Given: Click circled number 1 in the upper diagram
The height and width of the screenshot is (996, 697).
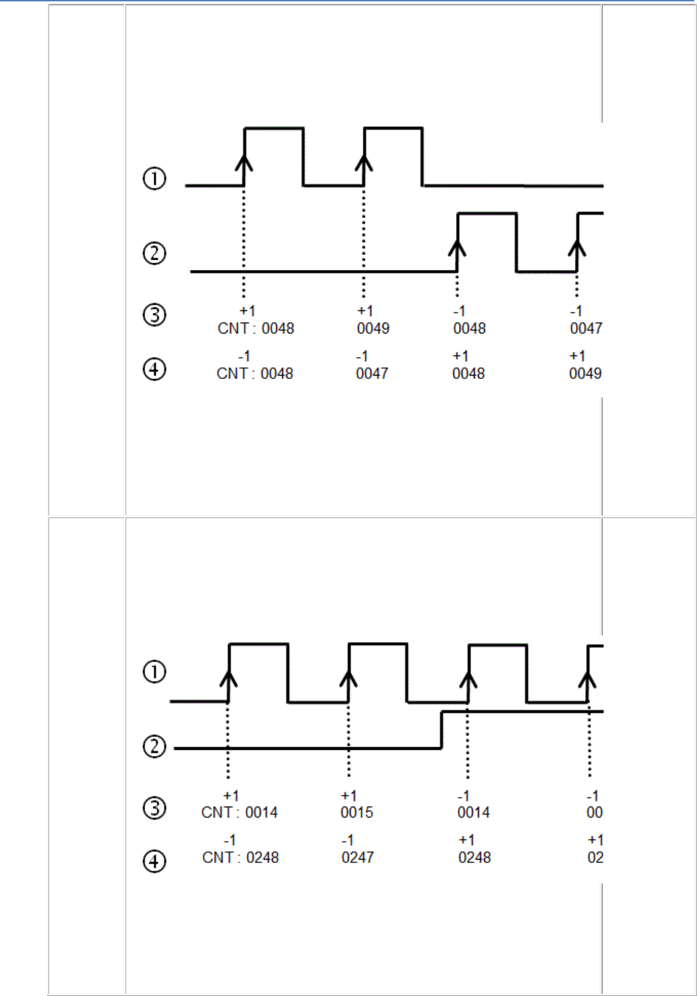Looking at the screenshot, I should [x=154, y=179].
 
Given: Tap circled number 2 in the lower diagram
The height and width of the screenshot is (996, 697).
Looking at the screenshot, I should [x=154, y=746].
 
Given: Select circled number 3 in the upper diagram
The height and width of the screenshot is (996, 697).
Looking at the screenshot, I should [x=154, y=315].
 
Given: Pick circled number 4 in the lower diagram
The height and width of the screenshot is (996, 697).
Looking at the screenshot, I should [x=154, y=862].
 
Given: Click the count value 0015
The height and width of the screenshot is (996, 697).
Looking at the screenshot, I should [x=357, y=813].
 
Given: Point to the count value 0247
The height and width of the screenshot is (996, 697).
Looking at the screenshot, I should [x=357, y=858].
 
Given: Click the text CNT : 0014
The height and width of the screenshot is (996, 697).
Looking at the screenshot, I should [x=239, y=813].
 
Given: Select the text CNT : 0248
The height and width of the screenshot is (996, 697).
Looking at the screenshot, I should [x=241, y=858].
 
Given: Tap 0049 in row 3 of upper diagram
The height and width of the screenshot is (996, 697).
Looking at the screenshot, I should [x=373, y=329].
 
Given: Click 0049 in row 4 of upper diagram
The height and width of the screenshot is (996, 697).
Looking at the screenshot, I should [x=585, y=374].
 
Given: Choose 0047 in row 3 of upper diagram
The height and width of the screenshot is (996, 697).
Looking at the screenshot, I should [x=586, y=329].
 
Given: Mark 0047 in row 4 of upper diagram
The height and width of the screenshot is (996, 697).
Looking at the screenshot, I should [x=372, y=374].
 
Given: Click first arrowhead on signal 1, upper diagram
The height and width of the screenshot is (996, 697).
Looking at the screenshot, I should [x=244, y=161].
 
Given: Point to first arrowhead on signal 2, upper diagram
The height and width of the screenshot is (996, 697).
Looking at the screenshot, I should [x=457, y=247].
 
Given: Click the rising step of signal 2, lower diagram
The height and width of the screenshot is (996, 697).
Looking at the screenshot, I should [x=442, y=729].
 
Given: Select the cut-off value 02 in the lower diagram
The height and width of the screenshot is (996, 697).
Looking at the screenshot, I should [x=595, y=858].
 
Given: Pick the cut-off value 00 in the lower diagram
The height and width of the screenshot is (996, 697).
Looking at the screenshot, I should [x=594, y=813].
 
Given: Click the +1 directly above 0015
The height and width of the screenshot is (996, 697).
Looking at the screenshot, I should [x=348, y=796].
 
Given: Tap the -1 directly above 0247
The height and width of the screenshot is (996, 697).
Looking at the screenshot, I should [x=348, y=841].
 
